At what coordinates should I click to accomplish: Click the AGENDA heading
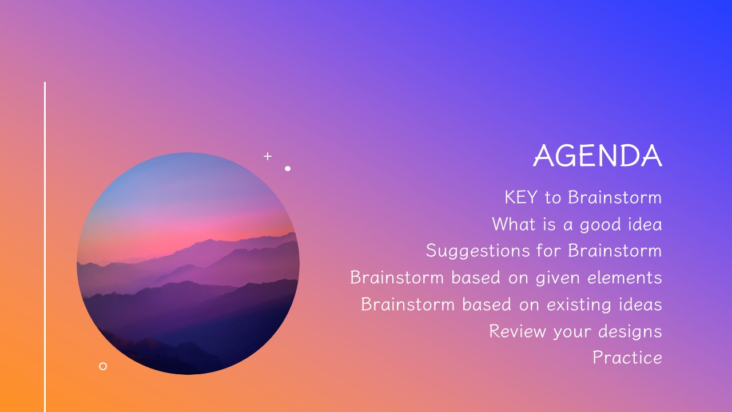(x=598, y=156)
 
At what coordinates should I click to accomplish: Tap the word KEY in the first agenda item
(x=521, y=197)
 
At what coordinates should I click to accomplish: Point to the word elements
(x=624, y=278)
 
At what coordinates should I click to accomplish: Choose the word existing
(x=579, y=305)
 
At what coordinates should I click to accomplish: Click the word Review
(x=518, y=331)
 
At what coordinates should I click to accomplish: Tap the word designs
(x=630, y=332)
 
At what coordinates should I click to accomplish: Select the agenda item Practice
(x=627, y=358)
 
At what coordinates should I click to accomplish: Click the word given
(x=558, y=278)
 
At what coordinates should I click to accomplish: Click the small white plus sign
(x=268, y=156)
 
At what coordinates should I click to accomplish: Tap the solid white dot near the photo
(x=288, y=168)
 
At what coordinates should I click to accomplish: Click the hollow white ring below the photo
(x=103, y=363)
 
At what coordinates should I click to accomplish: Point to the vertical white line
(x=45, y=247)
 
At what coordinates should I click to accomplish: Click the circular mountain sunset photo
(x=188, y=263)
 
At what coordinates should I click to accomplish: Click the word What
(x=514, y=224)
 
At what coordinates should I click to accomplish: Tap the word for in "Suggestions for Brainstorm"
(x=548, y=251)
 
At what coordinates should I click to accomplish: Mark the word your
(x=572, y=332)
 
